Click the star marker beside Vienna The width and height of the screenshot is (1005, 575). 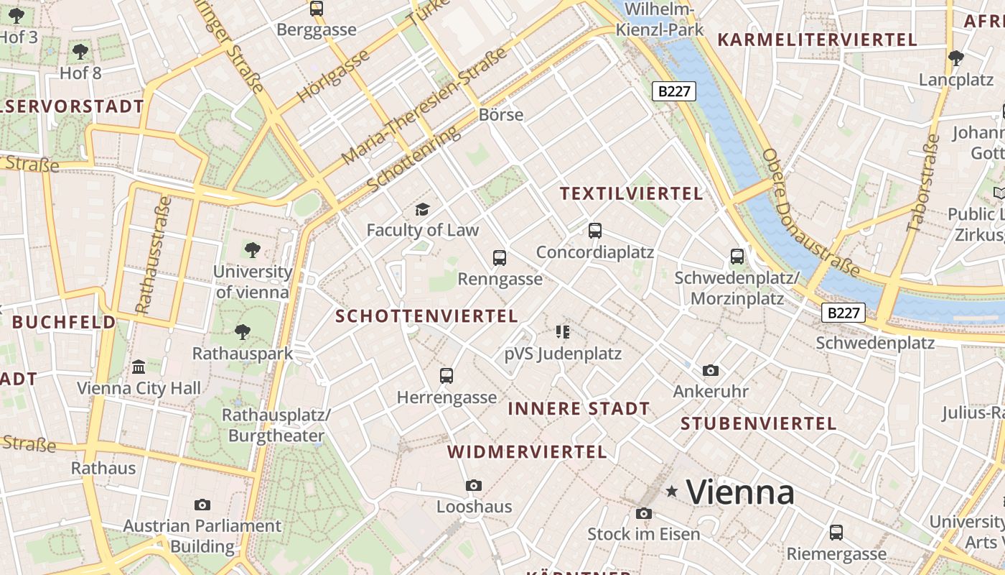(x=672, y=491)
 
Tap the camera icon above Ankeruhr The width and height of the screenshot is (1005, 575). (x=711, y=370)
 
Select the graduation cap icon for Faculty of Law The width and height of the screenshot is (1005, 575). (x=423, y=209)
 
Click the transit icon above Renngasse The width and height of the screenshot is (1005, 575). (x=500, y=257)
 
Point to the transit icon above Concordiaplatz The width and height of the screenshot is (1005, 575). (x=595, y=231)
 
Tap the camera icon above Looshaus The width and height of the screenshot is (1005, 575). (x=474, y=485)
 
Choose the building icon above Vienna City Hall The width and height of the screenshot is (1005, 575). (x=139, y=367)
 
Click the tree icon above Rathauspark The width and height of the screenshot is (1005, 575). (x=243, y=331)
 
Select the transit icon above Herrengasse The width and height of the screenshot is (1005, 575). (x=447, y=375)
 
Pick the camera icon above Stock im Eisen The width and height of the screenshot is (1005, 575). (x=644, y=513)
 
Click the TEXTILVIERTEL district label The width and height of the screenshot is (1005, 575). (x=631, y=193)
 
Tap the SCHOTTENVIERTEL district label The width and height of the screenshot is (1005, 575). (x=426, y=316)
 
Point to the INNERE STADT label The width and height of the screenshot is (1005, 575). (x=579, y=409)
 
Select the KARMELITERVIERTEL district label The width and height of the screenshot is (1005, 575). (x=818, y=40)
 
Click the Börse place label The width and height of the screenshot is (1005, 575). (x=501, y=115)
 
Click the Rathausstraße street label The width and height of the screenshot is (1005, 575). (x=152, y=254)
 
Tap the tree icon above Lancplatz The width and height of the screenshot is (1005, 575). (x=955, y=57)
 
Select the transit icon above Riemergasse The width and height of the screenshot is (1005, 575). (x=836, y=533)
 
